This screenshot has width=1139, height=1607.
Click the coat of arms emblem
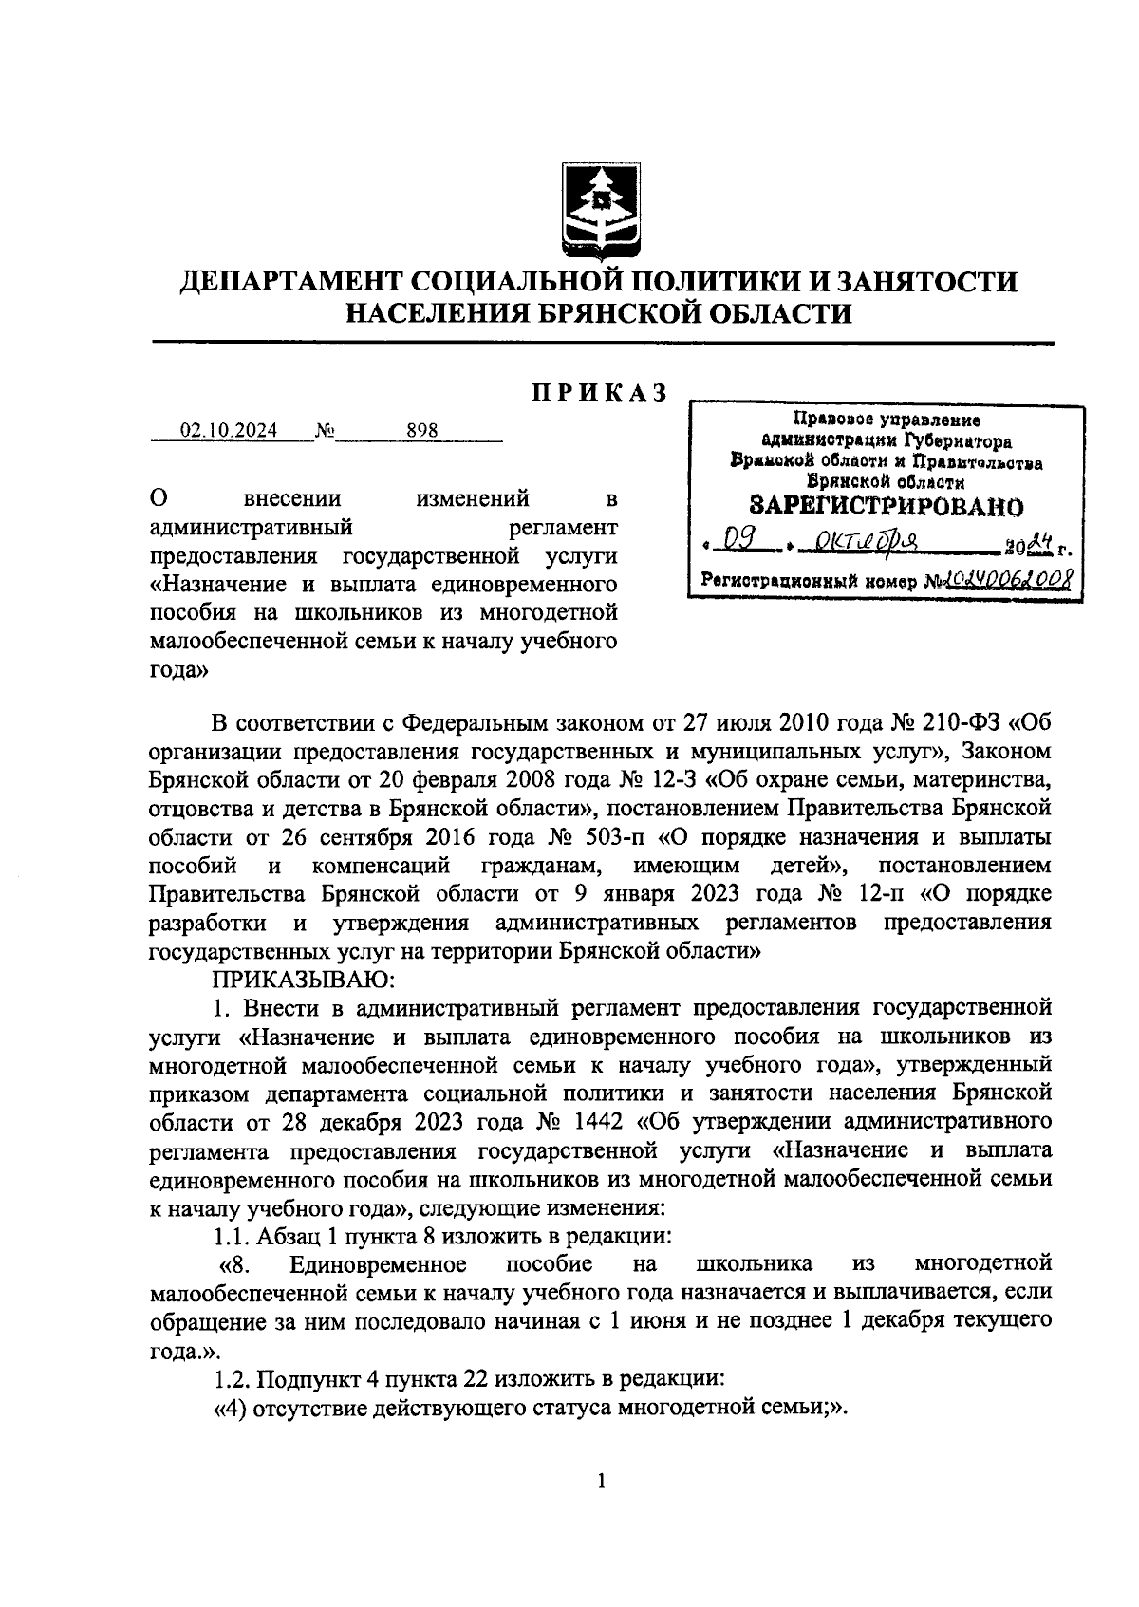click(599, 209)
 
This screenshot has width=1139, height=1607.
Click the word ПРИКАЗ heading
click(599, 393)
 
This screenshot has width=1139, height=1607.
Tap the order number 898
click(421, 431)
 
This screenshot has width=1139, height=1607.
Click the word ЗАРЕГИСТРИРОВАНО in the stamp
click(887, 505)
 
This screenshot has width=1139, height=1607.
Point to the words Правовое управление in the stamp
click(887, 420)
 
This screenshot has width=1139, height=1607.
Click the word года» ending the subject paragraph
click(178, 670)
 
